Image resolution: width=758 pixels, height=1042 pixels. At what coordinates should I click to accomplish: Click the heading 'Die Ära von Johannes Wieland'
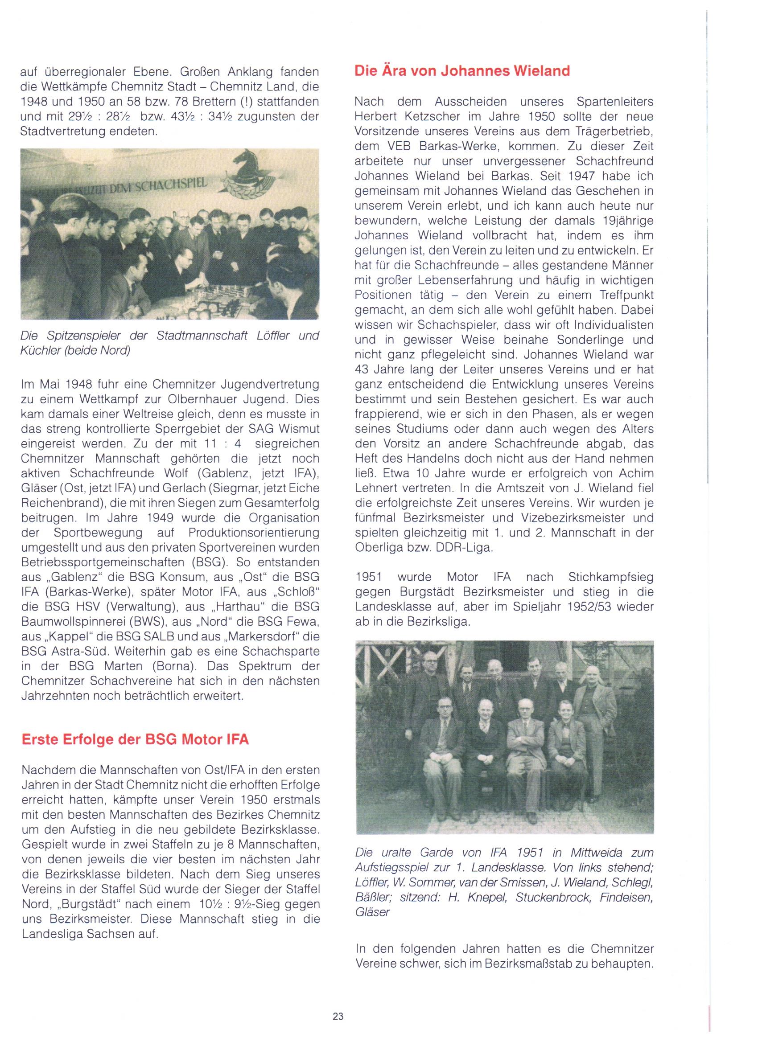[x=462, y=71]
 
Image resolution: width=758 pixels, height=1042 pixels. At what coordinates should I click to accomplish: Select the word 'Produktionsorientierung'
[x=253, y=533]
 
